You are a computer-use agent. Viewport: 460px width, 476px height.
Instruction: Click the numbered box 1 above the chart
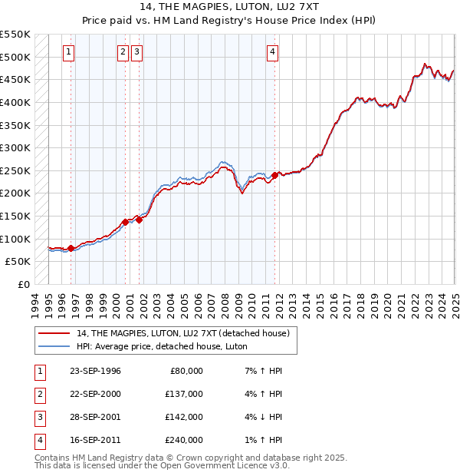pyautogui.click(x=69, y=52)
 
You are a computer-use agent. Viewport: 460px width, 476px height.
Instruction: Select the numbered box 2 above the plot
pyautogui.click(x=123, y=52)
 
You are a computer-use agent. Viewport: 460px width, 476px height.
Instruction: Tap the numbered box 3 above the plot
pyautogui.click(x=136, y=52)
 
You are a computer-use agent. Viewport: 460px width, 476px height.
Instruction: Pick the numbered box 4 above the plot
pyautogui.click(x=272, y=52)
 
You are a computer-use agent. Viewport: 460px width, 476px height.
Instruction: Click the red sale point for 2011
pyautogui.click(x=274, y=176)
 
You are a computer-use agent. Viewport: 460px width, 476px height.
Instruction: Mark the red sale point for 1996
pyautogui.click(x=71, y=248)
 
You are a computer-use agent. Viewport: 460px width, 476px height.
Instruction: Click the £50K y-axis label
pyautogui.click(x=18, y=261)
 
